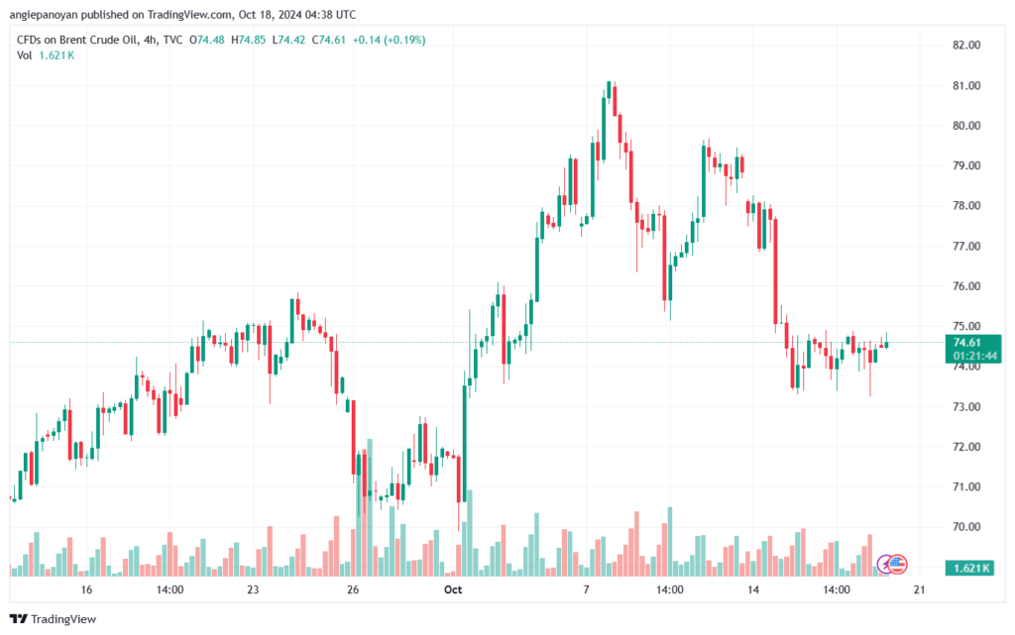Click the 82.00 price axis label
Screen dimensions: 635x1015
pos(965,46)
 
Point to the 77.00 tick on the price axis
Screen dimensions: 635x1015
pos(965,246)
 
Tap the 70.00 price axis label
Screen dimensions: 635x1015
pos(965,527)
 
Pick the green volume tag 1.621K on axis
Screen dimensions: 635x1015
pos(968,568)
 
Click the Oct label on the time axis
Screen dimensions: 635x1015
pos(453,590)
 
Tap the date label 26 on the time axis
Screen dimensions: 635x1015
pos(352,590)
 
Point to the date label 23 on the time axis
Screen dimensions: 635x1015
pos(253,590)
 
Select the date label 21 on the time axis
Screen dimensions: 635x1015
pos(919,590)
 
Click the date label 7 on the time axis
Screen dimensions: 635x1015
pos(586,590)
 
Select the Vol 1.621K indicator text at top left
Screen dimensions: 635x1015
pos(45,55)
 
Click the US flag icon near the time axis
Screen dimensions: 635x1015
pos(896,564)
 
